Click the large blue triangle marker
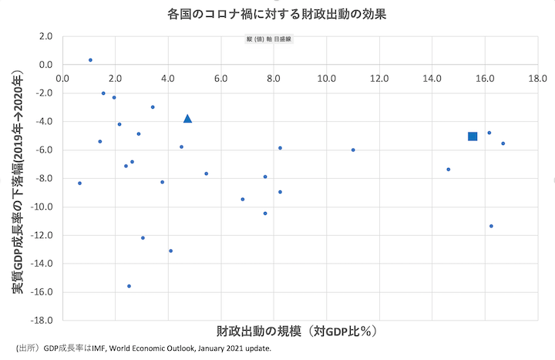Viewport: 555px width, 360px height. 187,119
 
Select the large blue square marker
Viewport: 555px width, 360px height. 473,136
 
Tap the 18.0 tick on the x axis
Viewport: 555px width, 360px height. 537,79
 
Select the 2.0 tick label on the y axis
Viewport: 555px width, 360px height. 45,36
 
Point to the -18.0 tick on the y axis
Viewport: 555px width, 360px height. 41,320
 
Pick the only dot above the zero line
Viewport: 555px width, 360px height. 90,60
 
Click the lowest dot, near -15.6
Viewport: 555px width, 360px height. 129,286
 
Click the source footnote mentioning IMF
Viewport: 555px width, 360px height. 143,348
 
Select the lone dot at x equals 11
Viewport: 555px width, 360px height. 353,150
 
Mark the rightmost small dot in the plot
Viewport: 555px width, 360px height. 503,143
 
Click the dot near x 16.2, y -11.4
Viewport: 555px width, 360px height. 491,226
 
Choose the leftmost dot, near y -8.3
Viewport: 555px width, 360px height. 79,183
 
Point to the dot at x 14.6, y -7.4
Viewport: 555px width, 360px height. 448,170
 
